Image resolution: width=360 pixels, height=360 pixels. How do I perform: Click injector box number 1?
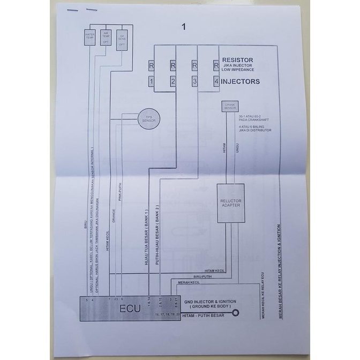[152, 82]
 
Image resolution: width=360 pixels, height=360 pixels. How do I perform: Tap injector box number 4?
[215, 82]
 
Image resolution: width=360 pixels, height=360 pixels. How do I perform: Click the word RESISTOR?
[237, 60]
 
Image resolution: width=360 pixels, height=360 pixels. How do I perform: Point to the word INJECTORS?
[241, 82]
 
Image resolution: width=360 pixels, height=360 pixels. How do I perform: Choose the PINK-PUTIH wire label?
[120, 196]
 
